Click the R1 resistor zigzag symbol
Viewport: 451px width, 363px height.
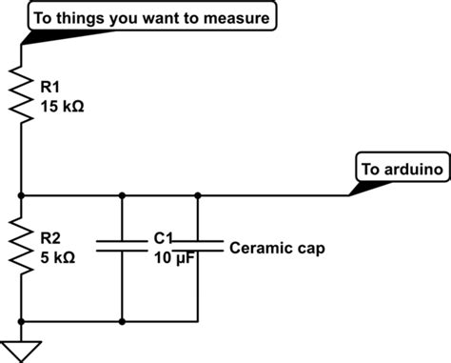pos(21,92)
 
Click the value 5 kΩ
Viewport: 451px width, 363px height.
pos(58,258)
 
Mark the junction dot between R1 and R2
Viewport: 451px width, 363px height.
pos(21,195)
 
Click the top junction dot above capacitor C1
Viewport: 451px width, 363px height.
pos(123,195)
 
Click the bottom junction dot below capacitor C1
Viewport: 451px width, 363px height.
pos(123,320)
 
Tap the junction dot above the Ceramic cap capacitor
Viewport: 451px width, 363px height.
pos(198,195)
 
